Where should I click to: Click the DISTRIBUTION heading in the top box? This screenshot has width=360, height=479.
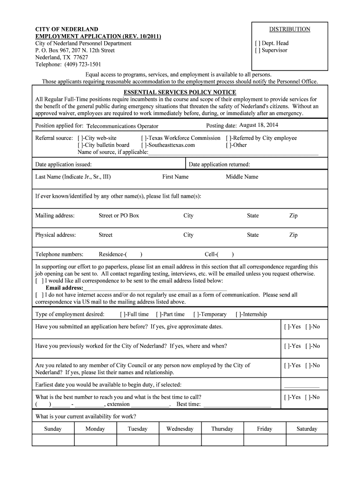(289, 29)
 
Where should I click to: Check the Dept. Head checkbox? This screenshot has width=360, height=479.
(257, 43)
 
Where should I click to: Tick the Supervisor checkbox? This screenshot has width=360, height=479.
(257, 50)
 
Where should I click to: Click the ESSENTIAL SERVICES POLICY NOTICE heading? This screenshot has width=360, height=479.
(180, 92)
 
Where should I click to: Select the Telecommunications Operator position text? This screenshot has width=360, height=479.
(122, 126)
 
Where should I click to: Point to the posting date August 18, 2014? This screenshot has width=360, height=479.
(259, 125)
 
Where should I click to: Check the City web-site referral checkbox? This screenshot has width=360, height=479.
(80, 138)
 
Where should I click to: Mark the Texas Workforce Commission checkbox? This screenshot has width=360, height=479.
(144, 138)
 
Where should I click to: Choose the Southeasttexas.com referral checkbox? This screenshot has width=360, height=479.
(144, 145)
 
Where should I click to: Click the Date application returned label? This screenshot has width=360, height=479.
(219, 164)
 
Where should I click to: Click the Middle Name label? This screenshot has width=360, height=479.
(242, 177)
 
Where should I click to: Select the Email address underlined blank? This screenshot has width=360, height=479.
(155, 288)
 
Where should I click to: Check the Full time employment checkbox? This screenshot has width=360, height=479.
(122, 314)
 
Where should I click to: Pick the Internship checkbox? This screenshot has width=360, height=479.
(238, 314)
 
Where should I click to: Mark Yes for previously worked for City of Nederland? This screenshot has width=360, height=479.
(286, 346)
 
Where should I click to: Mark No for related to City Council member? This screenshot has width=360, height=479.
(308, 365)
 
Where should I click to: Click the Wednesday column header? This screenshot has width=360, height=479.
(180, 428)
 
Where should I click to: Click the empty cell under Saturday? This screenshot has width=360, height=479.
(307, 440)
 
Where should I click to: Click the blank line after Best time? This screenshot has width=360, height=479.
(237, 404)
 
